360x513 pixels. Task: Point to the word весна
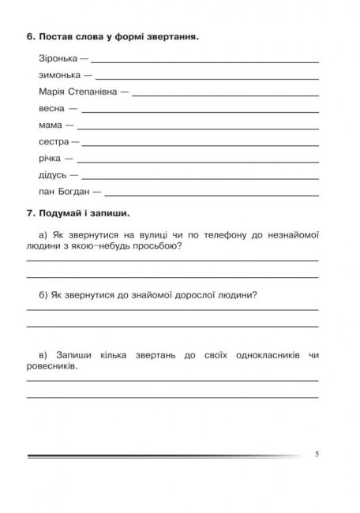tap(51, 109)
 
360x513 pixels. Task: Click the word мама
tap(51, 125)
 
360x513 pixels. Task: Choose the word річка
tap(51, 158)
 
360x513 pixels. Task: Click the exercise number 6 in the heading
tap(29, 37)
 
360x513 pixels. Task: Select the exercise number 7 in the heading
tap(29, 213)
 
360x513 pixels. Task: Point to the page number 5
tap(317, 454)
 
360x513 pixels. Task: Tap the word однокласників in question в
tap(262, 355)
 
